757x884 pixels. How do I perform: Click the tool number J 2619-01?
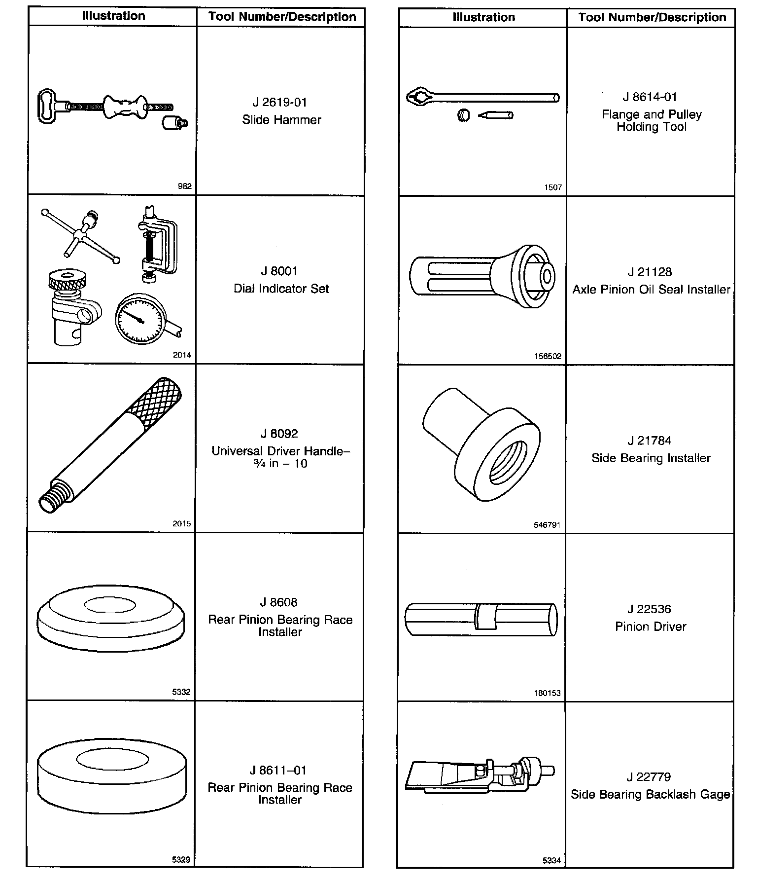pyautogui.click(x=280, y=102)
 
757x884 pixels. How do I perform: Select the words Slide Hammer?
pyautogui.click(x=281, y=120)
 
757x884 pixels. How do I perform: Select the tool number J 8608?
pyautogui.click(x=279, y=602)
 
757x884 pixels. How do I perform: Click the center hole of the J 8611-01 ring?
pyautogui.click(x=112, y=760)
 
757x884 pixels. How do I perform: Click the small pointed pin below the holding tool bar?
pyautogui.click(x=496, y=115)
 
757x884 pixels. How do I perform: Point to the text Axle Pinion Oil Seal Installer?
pyautogui.click(x=651, y=290)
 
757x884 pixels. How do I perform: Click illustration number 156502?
pyautogui.click(x=548, y=356)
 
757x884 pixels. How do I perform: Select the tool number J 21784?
pyautogui.click(x=650, y=441)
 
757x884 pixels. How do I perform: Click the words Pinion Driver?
pyautogui.click(x=651, y=626)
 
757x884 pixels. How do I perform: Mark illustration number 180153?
pyautogui.click(x=548, y=693)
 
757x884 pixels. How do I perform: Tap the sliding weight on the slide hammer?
pyautogui.click(x=122, y=107)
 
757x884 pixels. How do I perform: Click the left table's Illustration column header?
pyautogui.click(x=113, y=16)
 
